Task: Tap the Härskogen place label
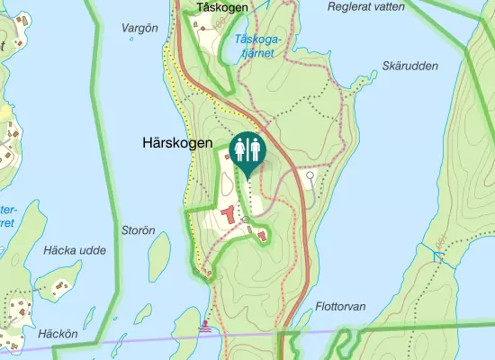177,142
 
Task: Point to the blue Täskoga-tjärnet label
253,46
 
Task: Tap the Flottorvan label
341,307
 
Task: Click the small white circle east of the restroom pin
310,176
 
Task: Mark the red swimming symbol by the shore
209,326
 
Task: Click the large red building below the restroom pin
229,216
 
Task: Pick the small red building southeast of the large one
262,236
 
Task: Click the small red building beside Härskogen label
227,156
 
